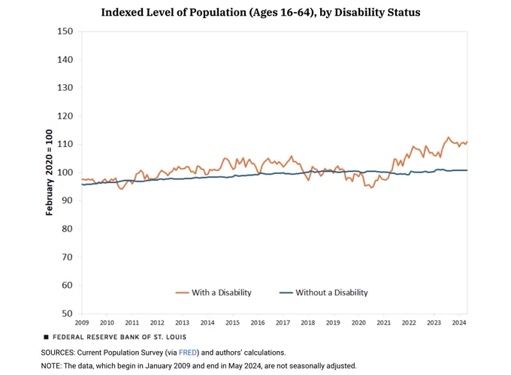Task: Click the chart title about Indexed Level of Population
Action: coord(261,12)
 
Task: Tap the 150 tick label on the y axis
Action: coord(65,31)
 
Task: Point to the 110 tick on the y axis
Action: coord(65,144)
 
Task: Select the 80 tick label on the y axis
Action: coord(68,229)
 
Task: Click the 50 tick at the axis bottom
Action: coord(68,313)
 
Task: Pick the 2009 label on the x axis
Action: coord(82,322)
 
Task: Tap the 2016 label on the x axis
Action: coord(258,322)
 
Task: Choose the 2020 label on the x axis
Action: coord(358,322)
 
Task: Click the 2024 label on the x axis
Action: coord(459,322)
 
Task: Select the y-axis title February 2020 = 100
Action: coord(49,172)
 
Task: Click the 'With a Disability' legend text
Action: coord(222,292)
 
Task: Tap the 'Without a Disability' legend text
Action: coord(331,292)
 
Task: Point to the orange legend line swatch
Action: coord(182,292)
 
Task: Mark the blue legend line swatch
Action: coord(286,292)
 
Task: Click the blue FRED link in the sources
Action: coord(188,352)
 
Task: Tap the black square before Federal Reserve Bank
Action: coord(47,337)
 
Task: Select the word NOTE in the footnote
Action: coord(51,366)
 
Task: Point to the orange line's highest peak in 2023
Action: coord(448,137)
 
